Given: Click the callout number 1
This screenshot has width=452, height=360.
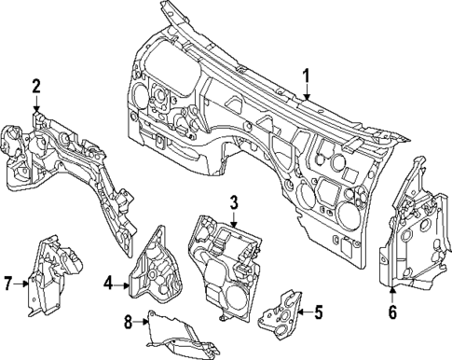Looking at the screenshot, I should click(307, 75).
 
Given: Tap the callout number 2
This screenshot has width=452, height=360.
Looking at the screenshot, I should click(35, 87).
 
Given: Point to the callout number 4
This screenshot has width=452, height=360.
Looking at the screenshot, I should click(109, 283).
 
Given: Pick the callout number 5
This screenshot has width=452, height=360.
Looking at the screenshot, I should click(318, 312).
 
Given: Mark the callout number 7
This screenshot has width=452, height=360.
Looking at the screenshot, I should click(7, 283).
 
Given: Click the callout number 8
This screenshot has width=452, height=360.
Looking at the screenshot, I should click(129, 323).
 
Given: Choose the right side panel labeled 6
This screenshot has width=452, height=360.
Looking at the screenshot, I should click(410, 228).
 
